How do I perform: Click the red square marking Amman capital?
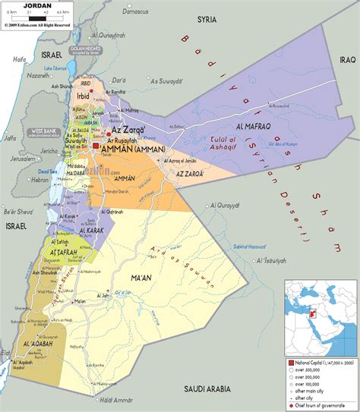coord(97,145)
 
